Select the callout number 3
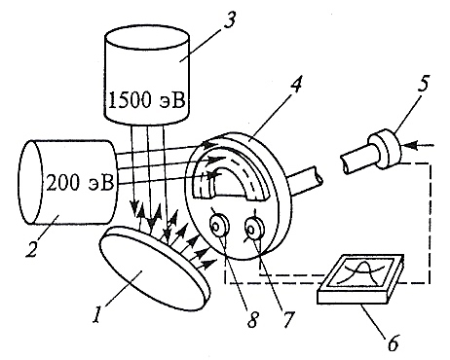pos(230,20)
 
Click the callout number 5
pos(423,83)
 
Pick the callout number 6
pos(393,342)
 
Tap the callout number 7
pos(288,318)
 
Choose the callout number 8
pos(253,318)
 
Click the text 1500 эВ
pos(147,100)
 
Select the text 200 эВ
pos(80,183)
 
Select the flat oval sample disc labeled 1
pos(153,269)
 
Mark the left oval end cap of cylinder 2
pos(31,182)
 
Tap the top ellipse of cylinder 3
pos(147,37)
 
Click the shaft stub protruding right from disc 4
pos(305,182)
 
